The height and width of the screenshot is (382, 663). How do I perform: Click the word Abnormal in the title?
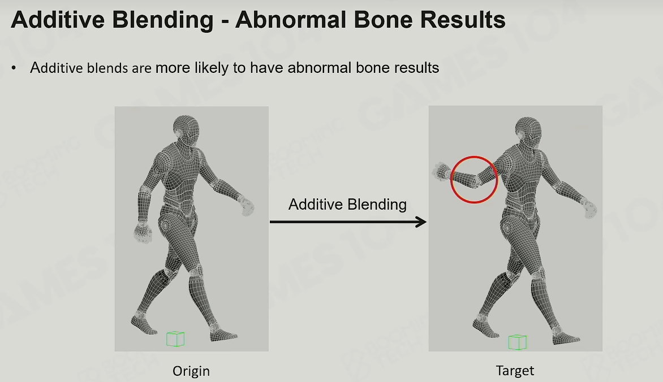click(291, 19)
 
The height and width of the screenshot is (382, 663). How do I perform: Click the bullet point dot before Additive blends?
click(14, 68)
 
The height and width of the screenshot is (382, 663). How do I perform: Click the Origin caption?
click(191, 371)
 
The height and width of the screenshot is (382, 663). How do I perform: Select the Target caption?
click(515, 371)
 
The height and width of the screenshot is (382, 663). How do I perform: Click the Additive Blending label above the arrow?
click(347, 204)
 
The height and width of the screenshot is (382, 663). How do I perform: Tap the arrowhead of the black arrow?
click(421, 222)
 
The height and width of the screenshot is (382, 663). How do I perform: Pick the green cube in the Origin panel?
click(175, 339)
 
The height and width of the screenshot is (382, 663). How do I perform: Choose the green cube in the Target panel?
click(517, 342)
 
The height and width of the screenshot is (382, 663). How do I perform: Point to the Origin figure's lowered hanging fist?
click(143, 232)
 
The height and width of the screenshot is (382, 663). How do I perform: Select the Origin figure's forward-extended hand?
click(246, 205)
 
